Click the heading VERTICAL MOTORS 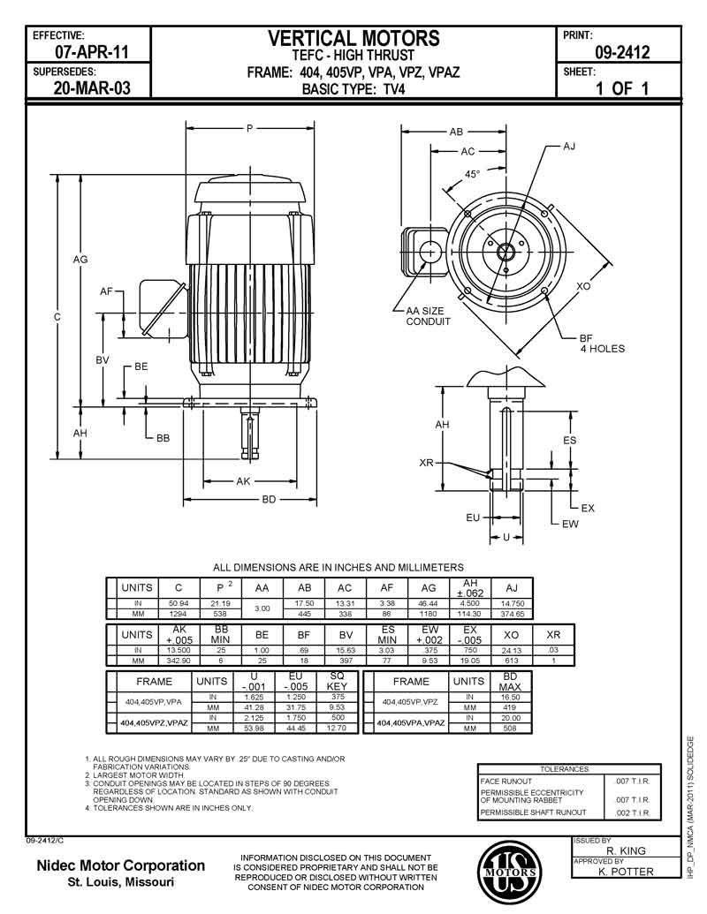[x=353, y=38]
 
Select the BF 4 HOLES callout [x=602, y=344]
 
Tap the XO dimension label [x=583, y=286]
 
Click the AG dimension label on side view [x=80, y=260]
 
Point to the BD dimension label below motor [x=270, y=499]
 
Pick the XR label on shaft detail [x=426, y=462]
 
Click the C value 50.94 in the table [x=179, y=602]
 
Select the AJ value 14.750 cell [x=513, y=602]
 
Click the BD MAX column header [x=510, y=682]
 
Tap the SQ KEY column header [x=337, y=682]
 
